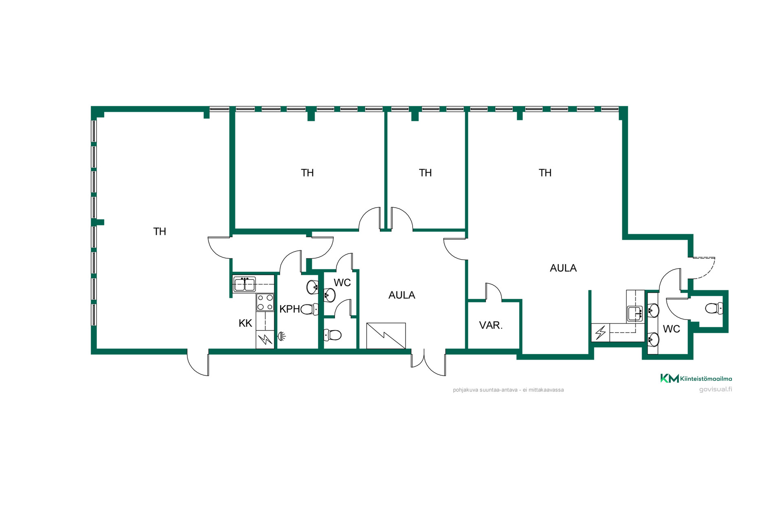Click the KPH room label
pos(290,309)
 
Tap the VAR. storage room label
pos(491,325)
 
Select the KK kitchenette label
pos(245,323)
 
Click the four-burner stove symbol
pos(265,302)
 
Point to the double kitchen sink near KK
pos(244,284)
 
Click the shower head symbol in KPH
pos(281,336)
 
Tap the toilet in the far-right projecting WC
pos(714,308)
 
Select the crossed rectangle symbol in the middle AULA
pos(386,336)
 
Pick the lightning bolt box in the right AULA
pos(600,332)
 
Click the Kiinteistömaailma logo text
pos(706,379)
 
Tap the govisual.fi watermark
pos(716,389)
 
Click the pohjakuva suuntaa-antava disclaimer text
pos(508,390)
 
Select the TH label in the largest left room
pos(160,232)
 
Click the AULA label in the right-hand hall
pos(563,268)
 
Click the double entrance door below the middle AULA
pos(428,362)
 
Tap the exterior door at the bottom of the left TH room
pos(198,362)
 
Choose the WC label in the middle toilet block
pos(342,282)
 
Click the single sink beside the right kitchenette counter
pos(635,314)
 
